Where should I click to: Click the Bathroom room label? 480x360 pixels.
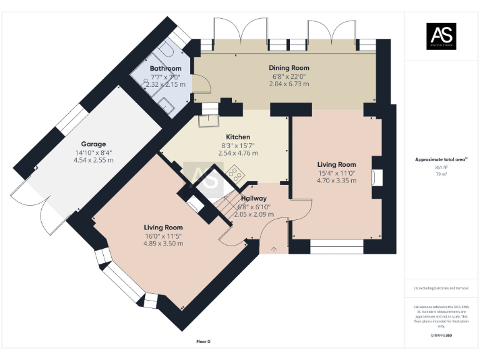point(166,68)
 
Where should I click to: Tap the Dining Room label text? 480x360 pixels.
point(289,67)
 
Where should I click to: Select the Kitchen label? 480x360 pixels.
point(237,137)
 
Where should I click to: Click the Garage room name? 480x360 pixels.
point(93,144)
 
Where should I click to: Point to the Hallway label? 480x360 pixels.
point(254,198)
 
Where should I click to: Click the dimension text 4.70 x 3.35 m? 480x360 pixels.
point(336,181)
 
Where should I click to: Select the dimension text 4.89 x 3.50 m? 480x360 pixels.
point(163,244)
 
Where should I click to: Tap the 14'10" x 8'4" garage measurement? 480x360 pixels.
point(93,152)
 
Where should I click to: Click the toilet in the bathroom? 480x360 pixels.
point(170,49)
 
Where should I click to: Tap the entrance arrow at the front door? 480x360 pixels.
point(273,249)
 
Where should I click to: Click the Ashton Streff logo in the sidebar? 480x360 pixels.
point(441,36)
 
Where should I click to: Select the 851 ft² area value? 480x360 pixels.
point(441,167)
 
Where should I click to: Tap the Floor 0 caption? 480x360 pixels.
point(204,342)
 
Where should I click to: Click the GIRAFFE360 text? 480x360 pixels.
point(441,336)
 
